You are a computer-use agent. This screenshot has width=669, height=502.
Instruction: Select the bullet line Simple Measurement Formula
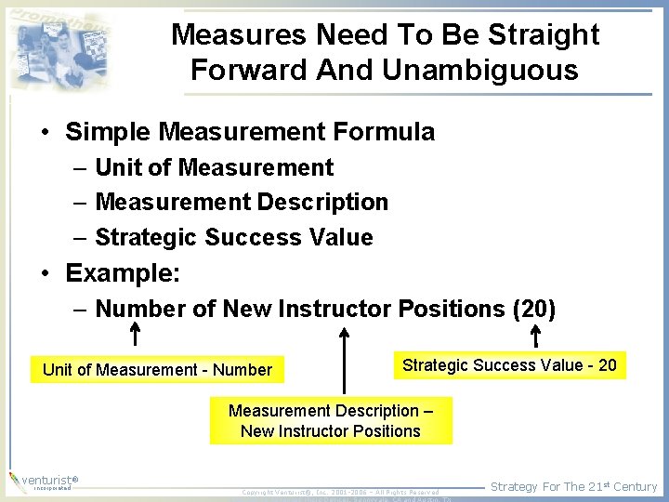click(x=250, y=132)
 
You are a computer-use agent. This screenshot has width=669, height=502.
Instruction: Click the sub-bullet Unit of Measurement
click(x=214, y=167)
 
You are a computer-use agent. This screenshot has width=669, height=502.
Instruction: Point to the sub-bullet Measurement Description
click(x=242, y=202)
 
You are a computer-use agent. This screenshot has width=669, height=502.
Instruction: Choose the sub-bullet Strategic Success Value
click(x=234, y=237)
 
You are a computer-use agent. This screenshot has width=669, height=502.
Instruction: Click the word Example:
click(x=123, y=273)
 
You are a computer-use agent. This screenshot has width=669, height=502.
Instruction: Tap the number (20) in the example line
click(x=533, y=308)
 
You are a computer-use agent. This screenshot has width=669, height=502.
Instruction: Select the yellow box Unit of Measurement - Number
click(x=157, y=370)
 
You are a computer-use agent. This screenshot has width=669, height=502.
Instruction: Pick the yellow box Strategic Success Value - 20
click(x=509, y=365)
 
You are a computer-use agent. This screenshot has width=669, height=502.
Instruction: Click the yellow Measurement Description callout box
click(x=331, y=421)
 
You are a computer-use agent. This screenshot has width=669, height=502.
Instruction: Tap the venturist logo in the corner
click(x=42, y=482)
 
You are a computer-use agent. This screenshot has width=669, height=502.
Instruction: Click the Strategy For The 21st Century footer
click(x=573, y=486)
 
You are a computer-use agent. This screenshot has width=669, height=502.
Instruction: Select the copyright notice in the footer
click(x=340, y=492)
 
